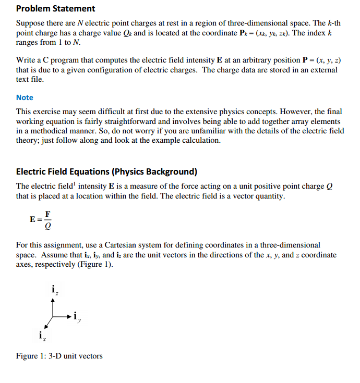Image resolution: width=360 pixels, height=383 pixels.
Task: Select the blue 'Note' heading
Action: click(x=25, y=97)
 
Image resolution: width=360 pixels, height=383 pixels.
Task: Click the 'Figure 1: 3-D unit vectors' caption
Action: click(x=59, y=356)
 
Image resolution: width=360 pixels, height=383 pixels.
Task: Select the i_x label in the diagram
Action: click(x=41, y=336)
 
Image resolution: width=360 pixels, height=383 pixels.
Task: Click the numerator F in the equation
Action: click(x=47, y=214)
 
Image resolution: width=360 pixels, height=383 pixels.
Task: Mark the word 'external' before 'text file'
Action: click(x=324, y=70)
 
